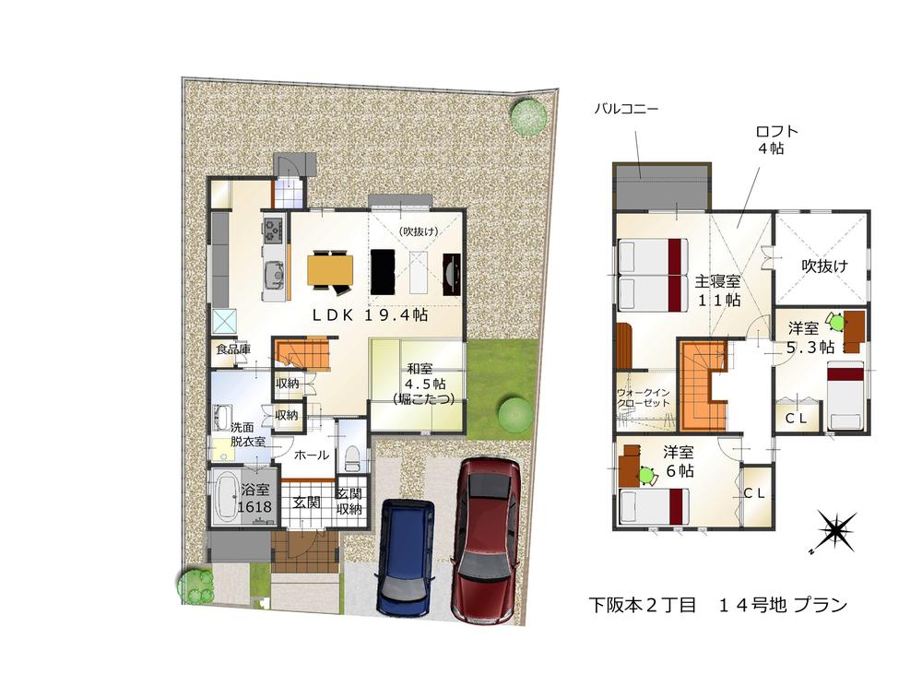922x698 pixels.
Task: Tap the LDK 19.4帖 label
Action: (369, 314)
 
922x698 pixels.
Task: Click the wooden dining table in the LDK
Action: (330, 268)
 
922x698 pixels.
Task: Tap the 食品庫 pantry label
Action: (232, 349)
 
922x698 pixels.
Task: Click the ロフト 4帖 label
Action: (770, 139)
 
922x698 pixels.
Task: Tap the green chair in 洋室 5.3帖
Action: (835, 322)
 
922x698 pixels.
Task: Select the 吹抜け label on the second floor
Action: (823, 266)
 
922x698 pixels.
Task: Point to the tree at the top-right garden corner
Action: (529, 117)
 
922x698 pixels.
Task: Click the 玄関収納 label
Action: (349, 503)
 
